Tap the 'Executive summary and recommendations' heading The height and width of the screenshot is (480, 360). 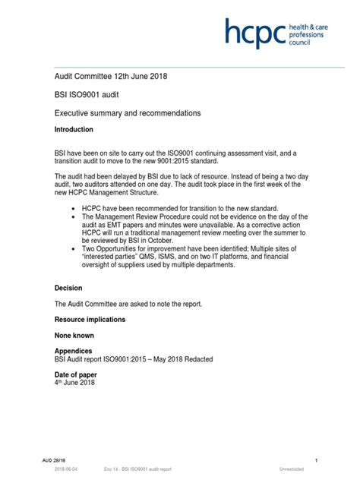tap(128, 113)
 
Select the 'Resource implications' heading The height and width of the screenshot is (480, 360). tap(90, 320)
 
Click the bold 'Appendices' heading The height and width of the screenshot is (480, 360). tap(74, 351)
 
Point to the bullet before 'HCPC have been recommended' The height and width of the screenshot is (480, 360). tap(73, 208)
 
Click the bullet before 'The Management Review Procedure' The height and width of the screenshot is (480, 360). tap(73, 216)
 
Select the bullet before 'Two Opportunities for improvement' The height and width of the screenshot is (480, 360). tap(73, 249)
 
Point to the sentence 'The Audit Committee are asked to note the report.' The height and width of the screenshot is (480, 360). tap(128, 304)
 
